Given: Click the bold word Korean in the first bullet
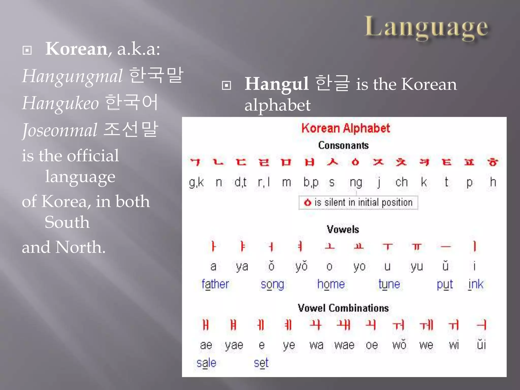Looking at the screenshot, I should (x=76, y=49).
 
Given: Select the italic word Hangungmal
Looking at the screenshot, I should (x=72, y=76).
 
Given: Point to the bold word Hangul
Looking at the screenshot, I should (x=277, y=84).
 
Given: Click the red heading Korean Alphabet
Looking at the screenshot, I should (x=346, y=128).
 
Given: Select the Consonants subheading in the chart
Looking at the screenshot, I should (x=343, y=145).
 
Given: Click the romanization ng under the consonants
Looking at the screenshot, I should (x=356, y=183).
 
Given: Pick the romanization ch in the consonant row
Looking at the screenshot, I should (x=401, y=182).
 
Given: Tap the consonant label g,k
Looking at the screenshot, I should (x=196, y=183).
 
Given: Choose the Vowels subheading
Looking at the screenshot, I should (x=343, y=230).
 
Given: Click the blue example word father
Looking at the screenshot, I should (x=215, y=284).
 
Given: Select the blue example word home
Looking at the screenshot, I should (x=331, y=284).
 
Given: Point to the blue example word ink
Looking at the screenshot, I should (x=476, y=284).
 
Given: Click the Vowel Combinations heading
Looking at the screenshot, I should (x=343, y=308).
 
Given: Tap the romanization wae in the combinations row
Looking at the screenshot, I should (x=344, y=345).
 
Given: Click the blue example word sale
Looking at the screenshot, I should (x=206, y=363).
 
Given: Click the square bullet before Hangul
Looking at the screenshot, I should (x=226, y=85).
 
